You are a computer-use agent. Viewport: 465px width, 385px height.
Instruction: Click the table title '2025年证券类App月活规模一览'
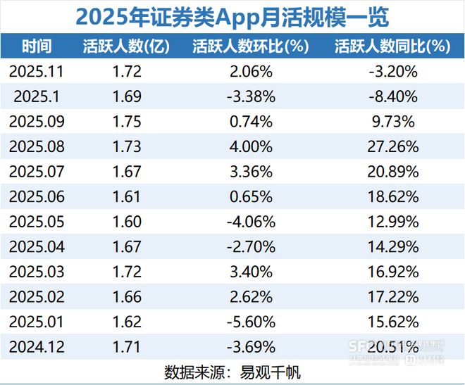[x=232, y=16]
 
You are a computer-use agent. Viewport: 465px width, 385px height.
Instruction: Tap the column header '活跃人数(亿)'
[x=126, y=46]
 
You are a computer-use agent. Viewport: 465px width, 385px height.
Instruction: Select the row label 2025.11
[x=37, y=71]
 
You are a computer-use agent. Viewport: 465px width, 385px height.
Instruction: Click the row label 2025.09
[x=37, y=121]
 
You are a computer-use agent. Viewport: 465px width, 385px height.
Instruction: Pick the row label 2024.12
[x=37, y=346]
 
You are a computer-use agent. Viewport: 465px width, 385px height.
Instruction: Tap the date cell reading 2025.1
[x=37, y=96]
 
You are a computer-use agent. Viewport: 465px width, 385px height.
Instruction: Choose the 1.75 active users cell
[x=126, y=121]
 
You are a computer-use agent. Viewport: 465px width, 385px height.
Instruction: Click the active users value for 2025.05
[x=126, y=221]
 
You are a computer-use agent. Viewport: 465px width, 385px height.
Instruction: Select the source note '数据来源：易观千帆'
[x=232, y=372]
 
